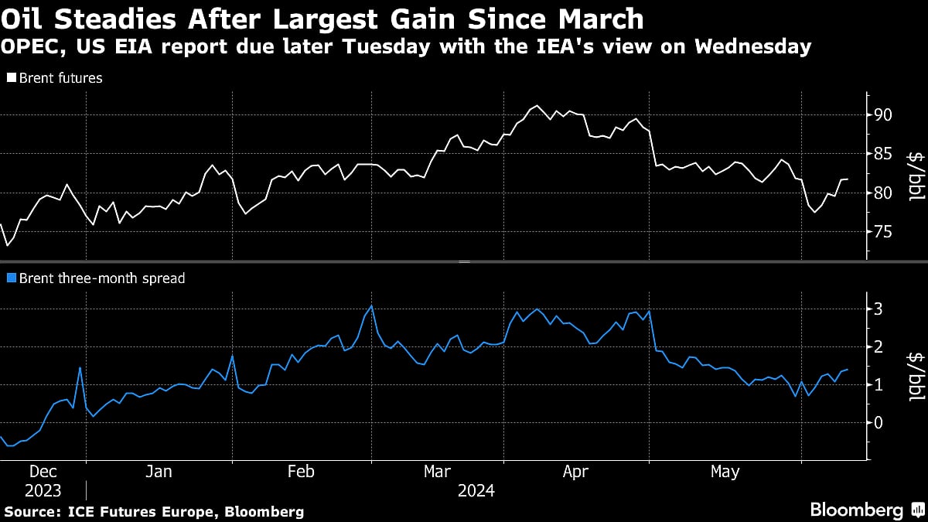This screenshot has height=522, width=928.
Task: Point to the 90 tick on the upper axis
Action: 882,115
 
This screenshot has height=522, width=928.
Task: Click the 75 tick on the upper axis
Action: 882,232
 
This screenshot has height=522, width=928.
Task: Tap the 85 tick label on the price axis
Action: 882,154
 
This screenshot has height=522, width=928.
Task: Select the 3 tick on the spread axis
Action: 879,309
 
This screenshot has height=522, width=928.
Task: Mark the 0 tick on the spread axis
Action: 879,423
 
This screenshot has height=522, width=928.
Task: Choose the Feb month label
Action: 300,472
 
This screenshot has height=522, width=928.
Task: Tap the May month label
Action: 725,472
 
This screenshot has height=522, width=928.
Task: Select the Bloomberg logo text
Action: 856,510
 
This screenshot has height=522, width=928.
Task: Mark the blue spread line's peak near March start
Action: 371,305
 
